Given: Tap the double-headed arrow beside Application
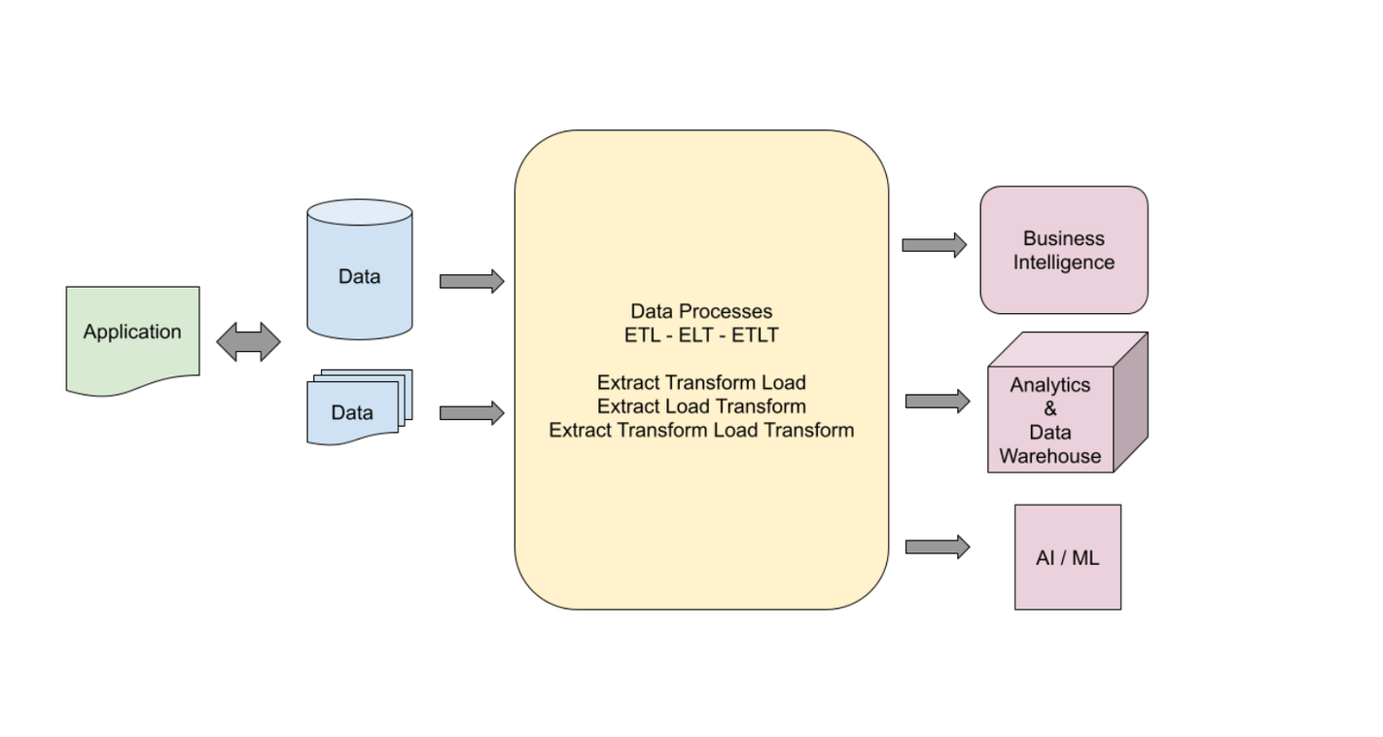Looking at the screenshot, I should point(248,342).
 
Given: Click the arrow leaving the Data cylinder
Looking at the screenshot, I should point(472,281).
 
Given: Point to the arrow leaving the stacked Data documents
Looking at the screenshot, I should point(472,413).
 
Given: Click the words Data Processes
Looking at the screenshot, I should point(701,311).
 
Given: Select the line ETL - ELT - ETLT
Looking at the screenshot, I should point(701,335).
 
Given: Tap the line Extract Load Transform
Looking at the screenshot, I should point(701,406).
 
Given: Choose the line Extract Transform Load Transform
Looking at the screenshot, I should point(701,430).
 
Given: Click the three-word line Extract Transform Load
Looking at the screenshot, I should point(701,382).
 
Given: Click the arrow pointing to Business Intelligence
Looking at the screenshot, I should point(934,245).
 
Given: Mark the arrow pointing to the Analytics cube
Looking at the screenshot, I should point(937,401).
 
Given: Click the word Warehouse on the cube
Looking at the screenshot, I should point(1050,456).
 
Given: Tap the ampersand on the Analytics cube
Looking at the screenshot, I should point(1050,408).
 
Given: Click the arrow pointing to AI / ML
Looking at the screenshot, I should point(937,546).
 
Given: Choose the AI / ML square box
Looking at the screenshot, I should point(1068,557).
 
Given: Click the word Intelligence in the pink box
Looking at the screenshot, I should point(1064,263).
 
